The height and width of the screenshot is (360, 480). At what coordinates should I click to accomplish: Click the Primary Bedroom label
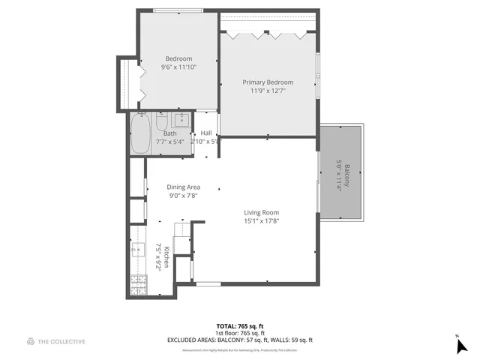pos(267,82)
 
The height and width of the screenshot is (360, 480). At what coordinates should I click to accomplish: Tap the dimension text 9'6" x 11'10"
pos(178,67)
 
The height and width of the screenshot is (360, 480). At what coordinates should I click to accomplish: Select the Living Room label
pos(261,212)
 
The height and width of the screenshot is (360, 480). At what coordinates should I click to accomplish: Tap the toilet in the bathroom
pos(161,121)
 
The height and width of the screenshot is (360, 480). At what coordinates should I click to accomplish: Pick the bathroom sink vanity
pos(181,120)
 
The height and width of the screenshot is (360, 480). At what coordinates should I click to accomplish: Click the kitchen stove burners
pos(139,283)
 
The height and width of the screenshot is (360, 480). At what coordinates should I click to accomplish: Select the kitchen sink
pos(137,249)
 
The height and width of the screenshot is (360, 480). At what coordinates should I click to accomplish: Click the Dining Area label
pos(183,187)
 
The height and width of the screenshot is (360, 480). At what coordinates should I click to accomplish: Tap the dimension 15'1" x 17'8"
pos(261,221)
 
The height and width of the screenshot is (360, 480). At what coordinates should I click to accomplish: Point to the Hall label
pos(206,133)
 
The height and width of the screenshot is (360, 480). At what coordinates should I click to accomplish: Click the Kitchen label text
pos(166,256)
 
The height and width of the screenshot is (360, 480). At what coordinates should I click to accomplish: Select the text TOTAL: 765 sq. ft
pos(239,326)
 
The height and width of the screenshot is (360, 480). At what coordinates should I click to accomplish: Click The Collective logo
pos(55,342)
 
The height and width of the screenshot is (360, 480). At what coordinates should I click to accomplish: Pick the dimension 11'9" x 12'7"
pos(267,91)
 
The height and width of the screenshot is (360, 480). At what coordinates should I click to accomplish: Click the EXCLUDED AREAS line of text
pos(239,340)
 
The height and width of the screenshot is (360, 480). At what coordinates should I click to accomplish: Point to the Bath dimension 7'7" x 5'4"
pos(169,142)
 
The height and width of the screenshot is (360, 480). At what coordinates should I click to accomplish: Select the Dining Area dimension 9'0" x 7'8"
pos(183,196)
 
